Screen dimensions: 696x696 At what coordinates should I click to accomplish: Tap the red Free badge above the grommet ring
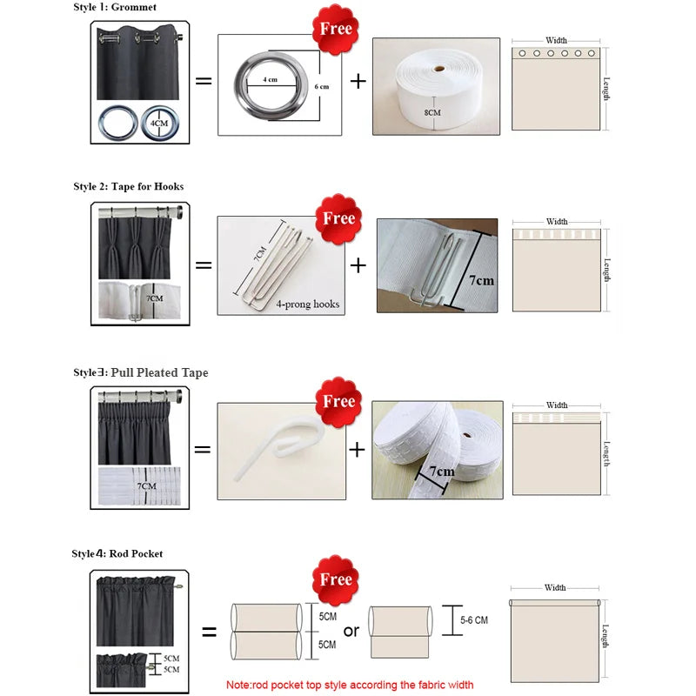coord(336,29)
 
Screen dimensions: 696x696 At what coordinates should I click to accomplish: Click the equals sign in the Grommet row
coord(203,82)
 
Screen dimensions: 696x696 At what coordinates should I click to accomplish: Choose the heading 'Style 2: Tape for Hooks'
coord(128,186)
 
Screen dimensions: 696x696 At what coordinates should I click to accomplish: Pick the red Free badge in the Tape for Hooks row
coord(338,217)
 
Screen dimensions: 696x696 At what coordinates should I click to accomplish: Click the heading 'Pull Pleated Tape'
coord(159,372)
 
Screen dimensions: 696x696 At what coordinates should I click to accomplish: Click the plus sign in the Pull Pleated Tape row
coord(357,449)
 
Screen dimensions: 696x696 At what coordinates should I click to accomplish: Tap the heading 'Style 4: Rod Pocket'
coord(117,553)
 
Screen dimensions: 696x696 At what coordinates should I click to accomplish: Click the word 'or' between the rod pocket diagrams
coord(350,631)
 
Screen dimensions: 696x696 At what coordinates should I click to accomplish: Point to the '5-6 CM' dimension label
coord(474,620)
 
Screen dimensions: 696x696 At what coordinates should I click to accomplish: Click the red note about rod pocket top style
coord(350,685)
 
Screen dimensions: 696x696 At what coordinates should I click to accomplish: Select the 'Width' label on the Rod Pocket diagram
coord(555,588)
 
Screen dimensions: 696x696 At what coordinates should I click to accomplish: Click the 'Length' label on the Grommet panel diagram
coord(606,88)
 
